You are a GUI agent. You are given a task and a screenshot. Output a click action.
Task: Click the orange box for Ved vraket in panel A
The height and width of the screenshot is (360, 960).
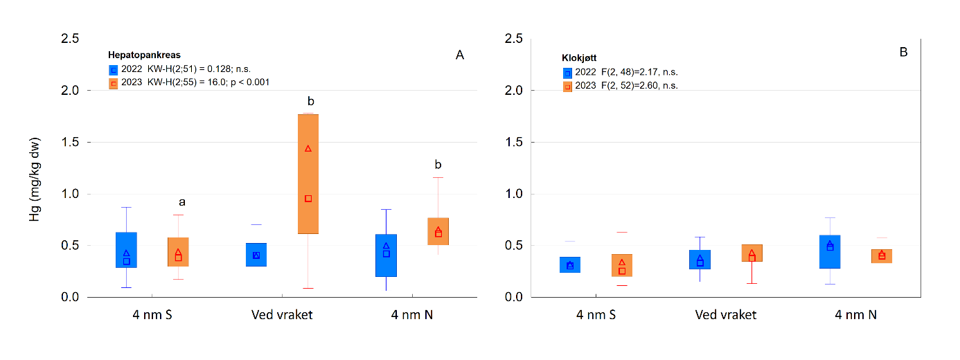[x=308, y=174]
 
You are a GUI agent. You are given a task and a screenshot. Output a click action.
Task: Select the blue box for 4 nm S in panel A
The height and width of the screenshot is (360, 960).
[x=126, y=250]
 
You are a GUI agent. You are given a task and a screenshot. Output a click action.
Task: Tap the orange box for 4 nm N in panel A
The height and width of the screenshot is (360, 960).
[x=438, y=231]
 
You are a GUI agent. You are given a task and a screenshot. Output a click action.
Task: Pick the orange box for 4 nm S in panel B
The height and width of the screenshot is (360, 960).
[x=622, y=265]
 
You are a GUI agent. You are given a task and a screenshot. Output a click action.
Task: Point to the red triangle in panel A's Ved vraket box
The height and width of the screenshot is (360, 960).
[x=308, y=148]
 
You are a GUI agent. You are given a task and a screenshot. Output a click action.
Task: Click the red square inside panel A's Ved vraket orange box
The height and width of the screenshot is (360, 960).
[x=308, y=199]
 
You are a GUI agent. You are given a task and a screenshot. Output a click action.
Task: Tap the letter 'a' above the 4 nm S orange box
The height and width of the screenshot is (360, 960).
[x=182, y=202]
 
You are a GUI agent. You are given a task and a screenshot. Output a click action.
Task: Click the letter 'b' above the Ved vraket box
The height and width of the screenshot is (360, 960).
[x=310, y=102]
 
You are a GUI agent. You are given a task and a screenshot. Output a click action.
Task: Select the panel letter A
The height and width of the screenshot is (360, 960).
[x=459, y=55]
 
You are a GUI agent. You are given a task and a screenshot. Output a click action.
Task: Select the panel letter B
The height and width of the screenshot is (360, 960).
[x=903, y=51]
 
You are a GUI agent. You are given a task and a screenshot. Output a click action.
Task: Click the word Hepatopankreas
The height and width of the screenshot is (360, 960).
[x=143, y=54]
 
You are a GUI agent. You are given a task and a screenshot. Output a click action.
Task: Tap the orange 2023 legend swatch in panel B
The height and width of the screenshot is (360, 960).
[x=567, y=86]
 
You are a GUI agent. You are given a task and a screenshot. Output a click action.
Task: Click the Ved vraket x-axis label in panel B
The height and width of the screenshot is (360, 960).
[x=725, y=315]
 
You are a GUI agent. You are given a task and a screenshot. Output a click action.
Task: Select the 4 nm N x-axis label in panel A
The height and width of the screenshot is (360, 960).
[x=416, y=315]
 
